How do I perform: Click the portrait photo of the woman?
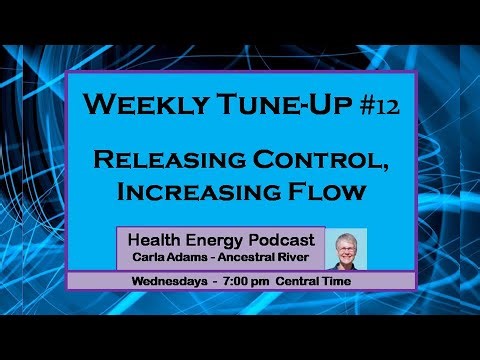pyautogui.click(x=345, y=249)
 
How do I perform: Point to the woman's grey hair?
pyautogui.click(x=345, y=237)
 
